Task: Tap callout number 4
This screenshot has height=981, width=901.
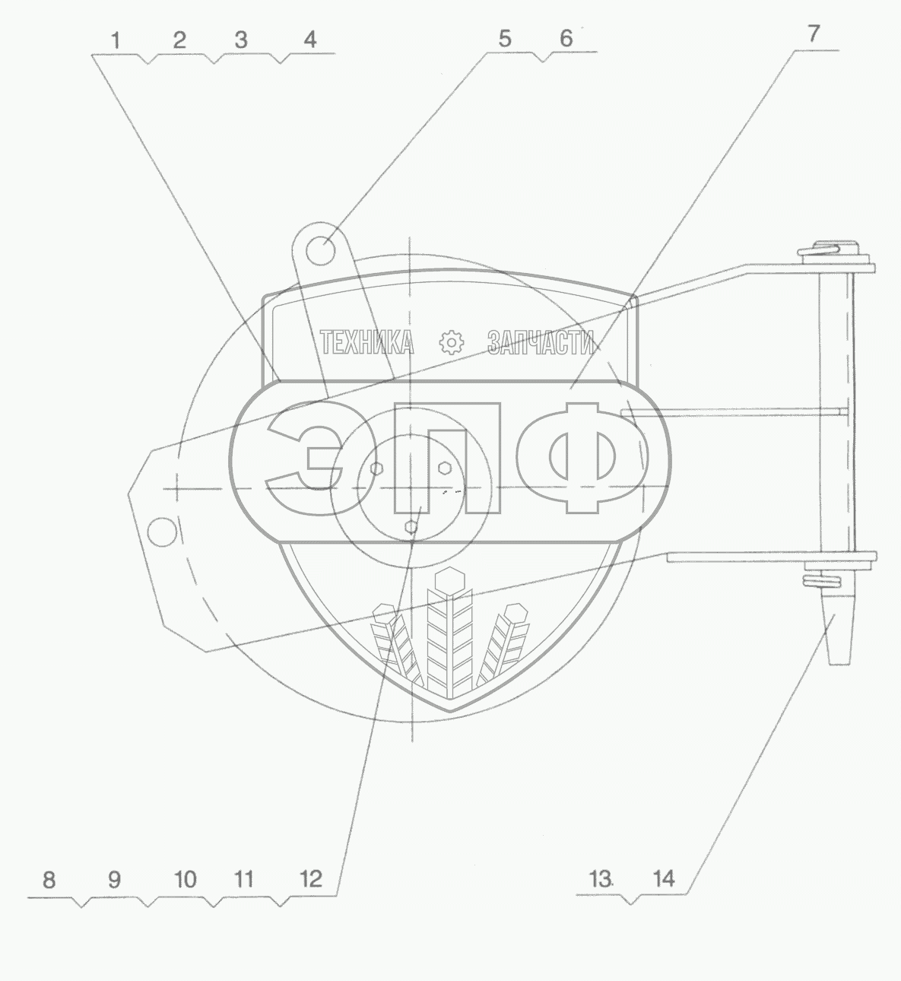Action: pos(309,40)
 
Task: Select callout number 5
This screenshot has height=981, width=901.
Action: pos(505,39)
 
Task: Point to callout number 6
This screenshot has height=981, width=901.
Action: pos(566,39)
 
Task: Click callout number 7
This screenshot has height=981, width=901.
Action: pos(813,33)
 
